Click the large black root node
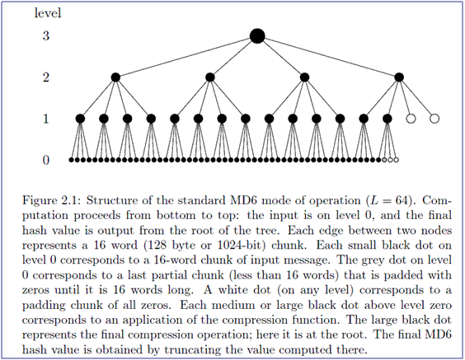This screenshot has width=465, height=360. coord(257,36)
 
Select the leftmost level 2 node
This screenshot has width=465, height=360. coord(115,77)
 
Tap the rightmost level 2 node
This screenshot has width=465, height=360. coord(399,77)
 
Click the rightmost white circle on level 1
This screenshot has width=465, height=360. coord(434,119)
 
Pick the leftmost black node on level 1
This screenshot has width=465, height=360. coord(80,119)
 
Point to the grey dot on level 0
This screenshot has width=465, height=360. coord(384,160)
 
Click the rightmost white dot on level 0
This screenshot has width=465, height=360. coord(397,160)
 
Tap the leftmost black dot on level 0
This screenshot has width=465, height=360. coord(71,160)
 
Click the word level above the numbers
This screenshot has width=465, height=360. coord(48,13)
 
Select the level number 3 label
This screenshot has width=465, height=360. coord(46,36)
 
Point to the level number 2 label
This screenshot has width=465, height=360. coord(46,77)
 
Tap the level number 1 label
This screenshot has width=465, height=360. coord(46,119)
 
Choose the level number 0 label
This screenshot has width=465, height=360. coord(46,161)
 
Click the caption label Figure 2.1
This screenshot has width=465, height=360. coord(51,200)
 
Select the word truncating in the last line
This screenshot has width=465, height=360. coord(192,350)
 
